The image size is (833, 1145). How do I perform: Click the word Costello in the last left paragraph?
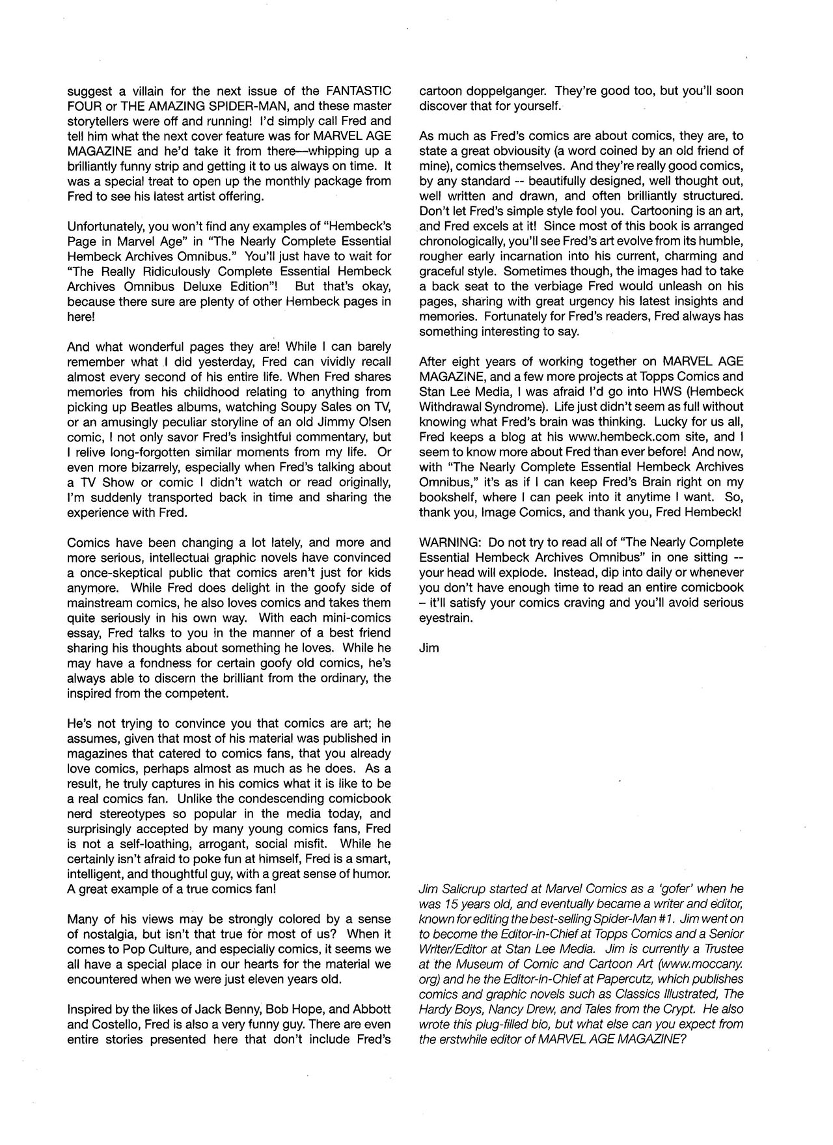click(102, 1025)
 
